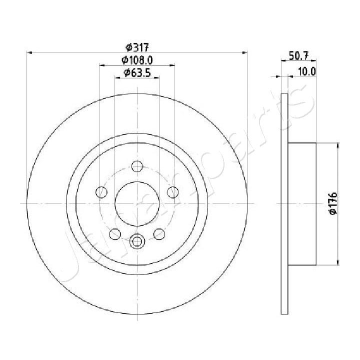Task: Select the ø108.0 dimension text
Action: click(x=137, y=60)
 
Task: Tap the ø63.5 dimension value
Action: click(x=137, y=73)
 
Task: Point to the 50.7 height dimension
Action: click(x=299, y=56)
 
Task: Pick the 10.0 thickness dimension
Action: click(x=306, y=71)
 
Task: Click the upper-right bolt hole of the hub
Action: click(x=172, y=191)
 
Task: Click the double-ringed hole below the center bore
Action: click(x=137, y=242)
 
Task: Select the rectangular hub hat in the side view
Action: click(x=302, y=203)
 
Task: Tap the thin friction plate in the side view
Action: click(x=285, y=203)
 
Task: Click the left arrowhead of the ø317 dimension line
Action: click(x=29, y=52)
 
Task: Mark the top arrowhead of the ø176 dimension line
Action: click(x=339, y=144)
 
